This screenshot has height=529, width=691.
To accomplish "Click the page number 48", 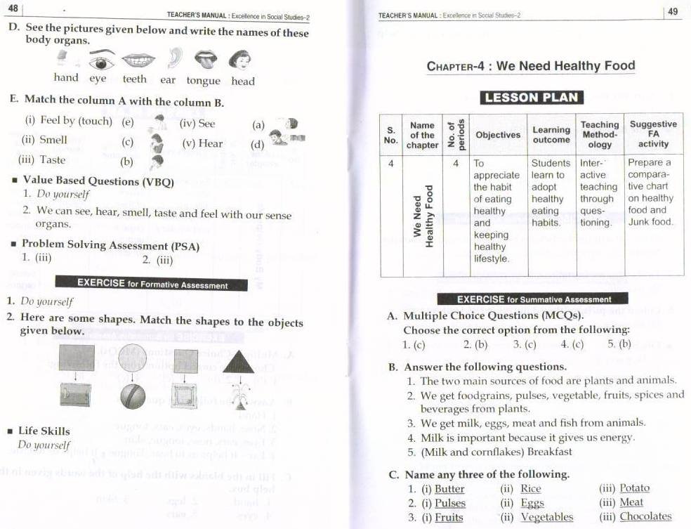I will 12,8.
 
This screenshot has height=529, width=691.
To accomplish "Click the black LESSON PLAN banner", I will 532,98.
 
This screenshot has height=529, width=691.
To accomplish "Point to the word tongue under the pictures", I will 204,81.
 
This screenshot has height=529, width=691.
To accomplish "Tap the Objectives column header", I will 498,135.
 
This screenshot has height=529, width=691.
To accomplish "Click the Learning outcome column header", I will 551,135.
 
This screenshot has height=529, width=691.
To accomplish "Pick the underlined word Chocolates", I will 645,516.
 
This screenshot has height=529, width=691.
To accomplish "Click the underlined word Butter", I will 449,489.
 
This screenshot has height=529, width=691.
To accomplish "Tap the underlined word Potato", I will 634,488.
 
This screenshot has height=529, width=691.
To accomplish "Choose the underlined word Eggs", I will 532,503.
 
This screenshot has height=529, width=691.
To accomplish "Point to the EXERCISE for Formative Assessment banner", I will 152,285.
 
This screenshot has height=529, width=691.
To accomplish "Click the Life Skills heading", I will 44,431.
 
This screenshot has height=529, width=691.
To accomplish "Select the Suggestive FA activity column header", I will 653,134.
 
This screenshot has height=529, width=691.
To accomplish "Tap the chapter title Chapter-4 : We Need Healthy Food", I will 530,67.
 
